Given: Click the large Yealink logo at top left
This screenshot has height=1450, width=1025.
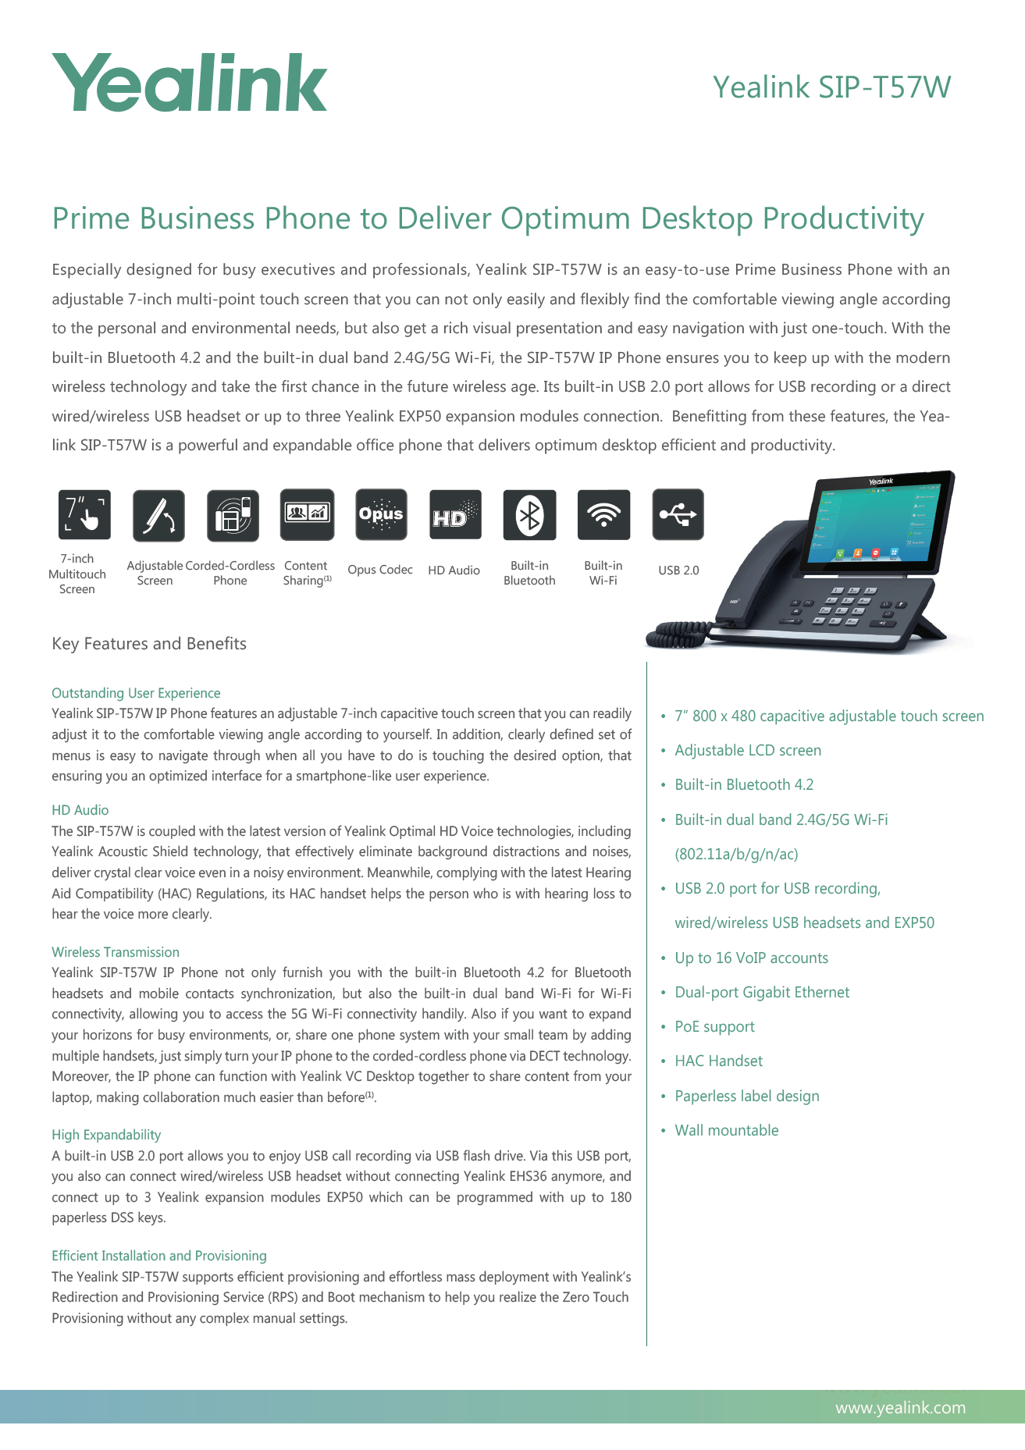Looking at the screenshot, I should [189, 83].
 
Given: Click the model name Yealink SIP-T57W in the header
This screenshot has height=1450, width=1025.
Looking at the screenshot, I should [831, 87].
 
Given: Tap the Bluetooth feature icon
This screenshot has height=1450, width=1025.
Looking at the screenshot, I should [529, 515].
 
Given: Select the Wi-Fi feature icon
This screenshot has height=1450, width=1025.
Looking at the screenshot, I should [603, 515].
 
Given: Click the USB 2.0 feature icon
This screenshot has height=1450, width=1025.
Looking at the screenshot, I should [678, 514].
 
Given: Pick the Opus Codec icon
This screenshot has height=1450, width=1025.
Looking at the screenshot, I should [381, 514].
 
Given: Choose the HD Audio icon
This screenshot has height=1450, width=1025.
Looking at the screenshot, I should [455, 515].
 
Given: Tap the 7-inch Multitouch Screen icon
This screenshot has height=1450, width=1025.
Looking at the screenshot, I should [84, 515].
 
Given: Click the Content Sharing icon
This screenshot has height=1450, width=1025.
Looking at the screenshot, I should [307, 514].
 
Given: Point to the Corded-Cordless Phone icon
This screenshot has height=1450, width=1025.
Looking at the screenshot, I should [233, 515].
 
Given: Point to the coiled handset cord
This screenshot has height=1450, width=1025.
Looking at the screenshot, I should [676, 634].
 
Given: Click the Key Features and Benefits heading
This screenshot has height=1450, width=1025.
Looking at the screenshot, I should [149, 644].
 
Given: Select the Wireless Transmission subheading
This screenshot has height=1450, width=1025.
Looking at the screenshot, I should [116, 952].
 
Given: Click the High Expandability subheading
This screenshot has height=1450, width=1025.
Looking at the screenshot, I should [106, 1135].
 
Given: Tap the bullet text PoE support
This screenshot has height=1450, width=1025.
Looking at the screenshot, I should [714, 1026].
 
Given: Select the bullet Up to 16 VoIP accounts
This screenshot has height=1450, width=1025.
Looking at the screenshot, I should [751, 958].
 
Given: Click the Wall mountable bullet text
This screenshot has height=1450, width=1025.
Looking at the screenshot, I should [726, 1130].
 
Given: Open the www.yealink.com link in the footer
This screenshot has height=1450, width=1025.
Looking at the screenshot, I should [900, 1407].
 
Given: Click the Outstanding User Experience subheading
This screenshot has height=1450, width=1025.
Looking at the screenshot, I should [136, 693].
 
